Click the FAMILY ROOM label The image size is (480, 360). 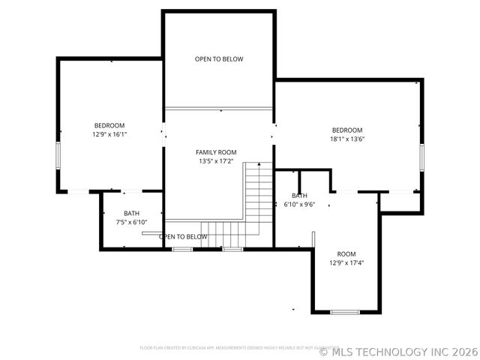217,152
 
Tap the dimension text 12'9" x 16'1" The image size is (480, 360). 109,134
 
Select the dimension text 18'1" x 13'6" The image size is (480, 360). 347,139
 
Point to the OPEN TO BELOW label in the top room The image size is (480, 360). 219,59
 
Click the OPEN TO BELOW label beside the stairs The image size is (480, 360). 183,237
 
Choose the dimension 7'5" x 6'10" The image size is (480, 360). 131,222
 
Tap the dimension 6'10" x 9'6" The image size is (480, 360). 298,204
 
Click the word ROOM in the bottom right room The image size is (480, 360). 346,254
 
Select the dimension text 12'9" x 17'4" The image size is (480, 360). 346,263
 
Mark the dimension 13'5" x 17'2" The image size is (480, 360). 217,161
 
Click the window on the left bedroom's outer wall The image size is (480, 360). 58,155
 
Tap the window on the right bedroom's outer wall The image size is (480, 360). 422,158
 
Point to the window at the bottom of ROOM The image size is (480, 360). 345,312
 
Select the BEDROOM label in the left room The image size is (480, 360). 109,125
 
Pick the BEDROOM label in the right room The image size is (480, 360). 347,130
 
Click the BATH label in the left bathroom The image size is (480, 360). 131,213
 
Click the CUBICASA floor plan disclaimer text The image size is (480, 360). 238,347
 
